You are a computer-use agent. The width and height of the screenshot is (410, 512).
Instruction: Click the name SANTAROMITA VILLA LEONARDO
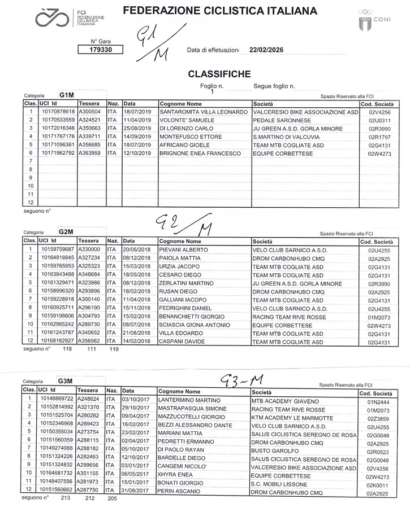(204, 112)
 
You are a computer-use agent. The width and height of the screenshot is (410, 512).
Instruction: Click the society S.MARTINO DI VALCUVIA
(288, 137)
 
